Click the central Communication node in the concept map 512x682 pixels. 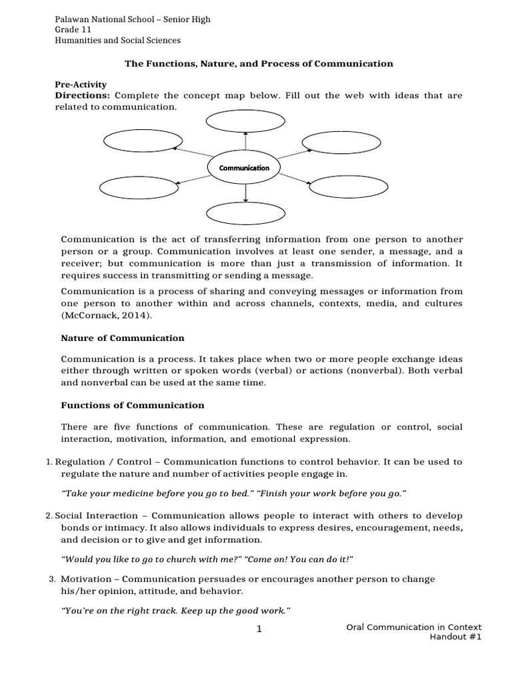(245, 168)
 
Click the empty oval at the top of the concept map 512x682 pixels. (245, 121)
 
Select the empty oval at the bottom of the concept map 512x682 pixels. (245, 213)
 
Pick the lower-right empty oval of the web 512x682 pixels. (343, 187)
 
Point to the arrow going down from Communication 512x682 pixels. (246, 191)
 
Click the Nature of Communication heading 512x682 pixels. (123, 338)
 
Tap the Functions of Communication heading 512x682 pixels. (133, 405)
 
